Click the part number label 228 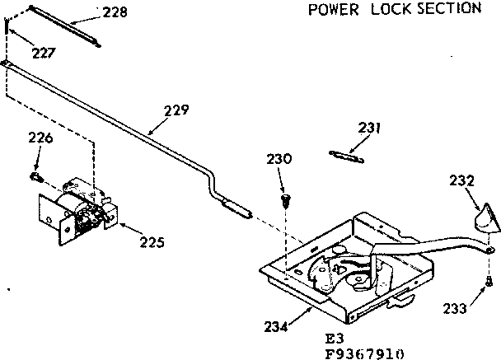117,12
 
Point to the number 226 40,138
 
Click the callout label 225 151,242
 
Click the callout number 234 277,327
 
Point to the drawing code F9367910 364,353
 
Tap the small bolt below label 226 36,176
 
